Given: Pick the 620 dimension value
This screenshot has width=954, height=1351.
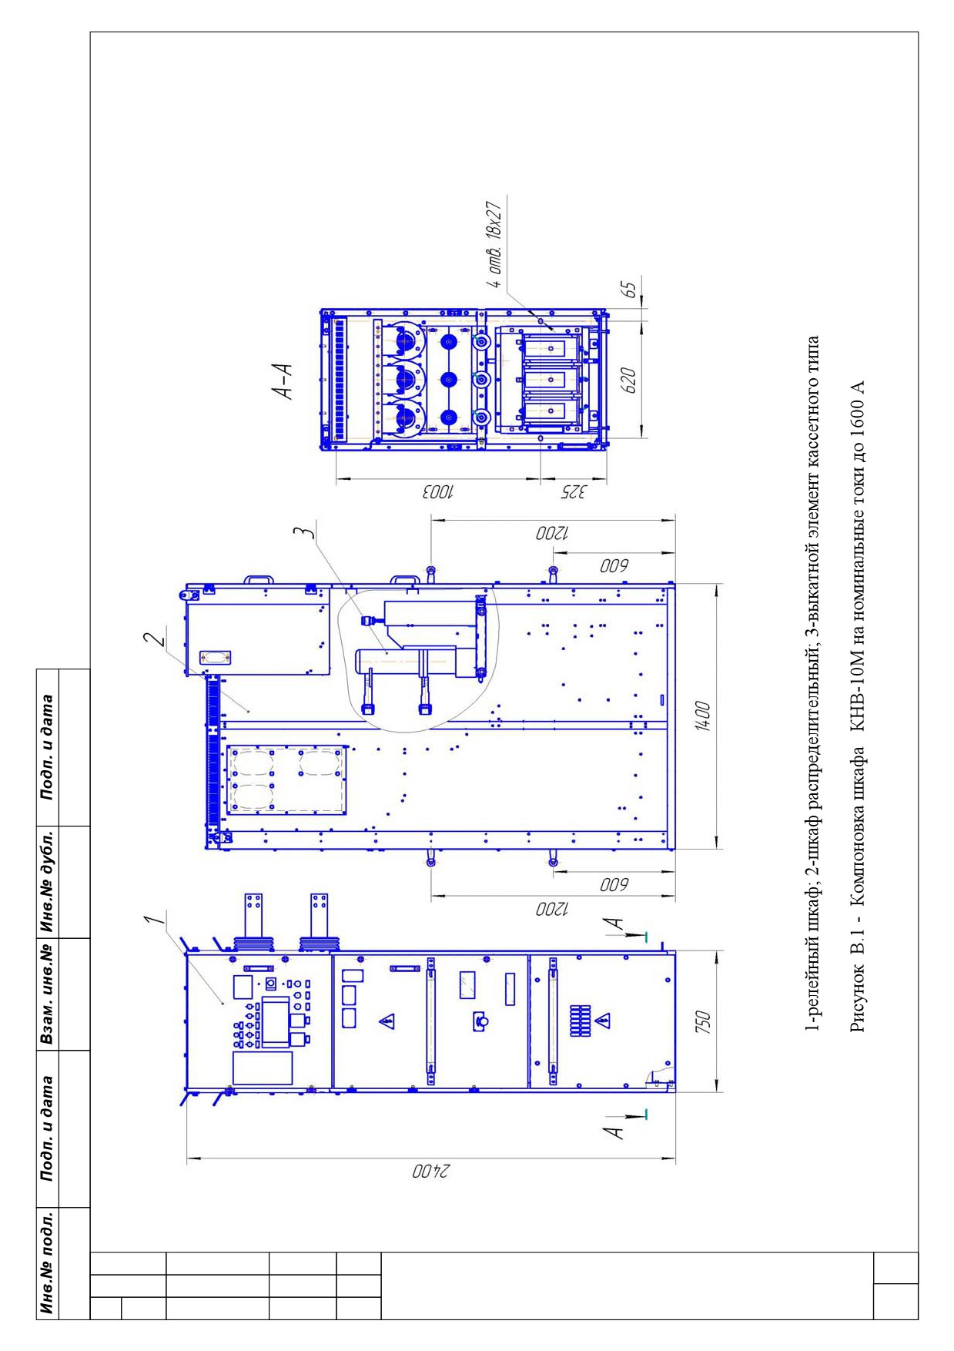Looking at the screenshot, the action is (x=628, y=380).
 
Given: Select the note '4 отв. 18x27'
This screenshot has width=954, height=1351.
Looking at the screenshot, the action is (x=497, y=245).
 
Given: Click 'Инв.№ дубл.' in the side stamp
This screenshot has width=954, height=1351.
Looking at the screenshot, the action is (x=49, y=881).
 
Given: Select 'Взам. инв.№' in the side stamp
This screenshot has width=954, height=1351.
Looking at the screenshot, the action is (x=49, y=994).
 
